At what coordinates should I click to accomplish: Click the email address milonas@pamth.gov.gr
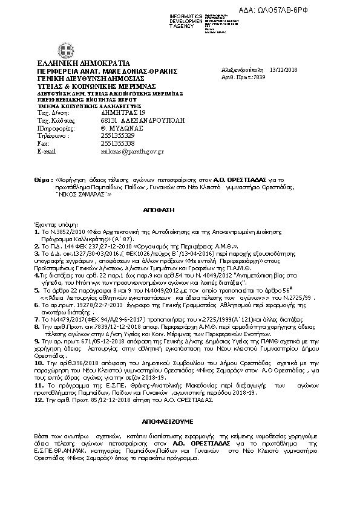[x=131, y=151]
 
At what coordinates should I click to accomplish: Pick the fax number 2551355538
[x=117, y=144]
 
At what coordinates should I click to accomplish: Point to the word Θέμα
[x=44, y=180]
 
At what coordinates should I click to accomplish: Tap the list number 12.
[x=38, y=399]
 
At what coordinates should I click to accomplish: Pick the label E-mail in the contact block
[x=47, y=151]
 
